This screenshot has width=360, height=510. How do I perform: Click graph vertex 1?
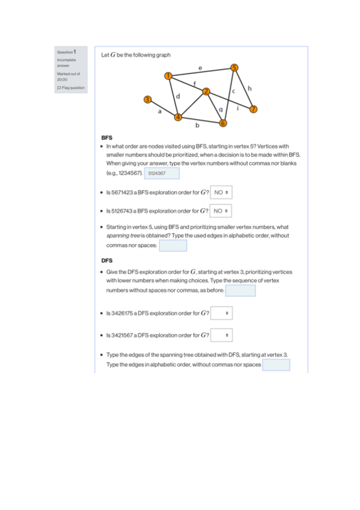click(x=168, y=76)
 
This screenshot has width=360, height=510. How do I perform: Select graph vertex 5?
click(x=234, y=67)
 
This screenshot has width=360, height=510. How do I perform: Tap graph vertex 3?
click(x=147, y=99)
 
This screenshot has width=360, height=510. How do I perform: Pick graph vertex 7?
click(x=254, y=109)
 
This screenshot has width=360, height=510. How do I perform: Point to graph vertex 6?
click(x=223, y=123)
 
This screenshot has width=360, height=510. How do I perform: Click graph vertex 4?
click(x=178, y=117)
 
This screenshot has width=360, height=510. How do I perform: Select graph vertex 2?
click(x=206, y=91)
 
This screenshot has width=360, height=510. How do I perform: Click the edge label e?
click(x=200, y=68)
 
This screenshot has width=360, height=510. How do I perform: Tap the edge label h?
click(x=249, y=88)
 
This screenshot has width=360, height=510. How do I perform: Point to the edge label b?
click(x=197, y=125)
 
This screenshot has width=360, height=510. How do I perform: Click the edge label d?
click(x=178, y=96)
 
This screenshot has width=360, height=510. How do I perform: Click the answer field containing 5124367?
click(x=162, y=173)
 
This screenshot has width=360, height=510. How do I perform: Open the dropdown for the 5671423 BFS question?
click(x=221, y=192)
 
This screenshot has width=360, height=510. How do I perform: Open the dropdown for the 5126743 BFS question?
click(x=221, y=210)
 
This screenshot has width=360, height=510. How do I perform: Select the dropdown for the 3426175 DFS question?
click(x=222, y=313)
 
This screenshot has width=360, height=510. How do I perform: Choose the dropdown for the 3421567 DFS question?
click(x=222, y=335)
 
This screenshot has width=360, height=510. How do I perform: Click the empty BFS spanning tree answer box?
click(x=173, y=245)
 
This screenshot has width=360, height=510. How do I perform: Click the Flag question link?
click(x=71, y=88)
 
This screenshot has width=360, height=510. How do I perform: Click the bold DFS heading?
click(x=107, y=260)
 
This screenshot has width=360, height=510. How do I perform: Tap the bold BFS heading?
click(x=107, y=138)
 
